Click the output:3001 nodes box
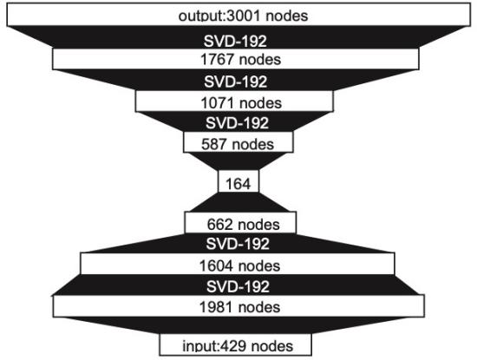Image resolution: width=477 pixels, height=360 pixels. point(238,15)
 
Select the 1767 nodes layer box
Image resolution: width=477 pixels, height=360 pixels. point(236,59)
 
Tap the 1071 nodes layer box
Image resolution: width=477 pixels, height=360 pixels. point(234,101)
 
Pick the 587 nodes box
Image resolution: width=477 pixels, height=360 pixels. point(238,141)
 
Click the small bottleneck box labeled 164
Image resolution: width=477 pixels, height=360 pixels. point(238,181)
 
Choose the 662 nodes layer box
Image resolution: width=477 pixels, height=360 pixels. point(240,223)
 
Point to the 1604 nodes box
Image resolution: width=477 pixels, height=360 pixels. point(238,264)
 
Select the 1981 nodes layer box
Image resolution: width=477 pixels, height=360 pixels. point(238,306)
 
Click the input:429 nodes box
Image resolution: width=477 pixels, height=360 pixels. point(235,344)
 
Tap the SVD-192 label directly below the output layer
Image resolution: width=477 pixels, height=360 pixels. point(235,41)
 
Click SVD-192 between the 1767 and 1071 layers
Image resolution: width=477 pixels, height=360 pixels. point(235,82)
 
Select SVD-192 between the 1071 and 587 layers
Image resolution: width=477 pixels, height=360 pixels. point(237,123)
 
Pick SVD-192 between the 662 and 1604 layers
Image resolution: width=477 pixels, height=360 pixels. point(238,244)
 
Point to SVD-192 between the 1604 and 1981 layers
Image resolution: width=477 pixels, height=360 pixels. point(238,286)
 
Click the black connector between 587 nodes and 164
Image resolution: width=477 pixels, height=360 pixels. point(238,161)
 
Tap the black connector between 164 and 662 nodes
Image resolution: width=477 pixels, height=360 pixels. point(238,202)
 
